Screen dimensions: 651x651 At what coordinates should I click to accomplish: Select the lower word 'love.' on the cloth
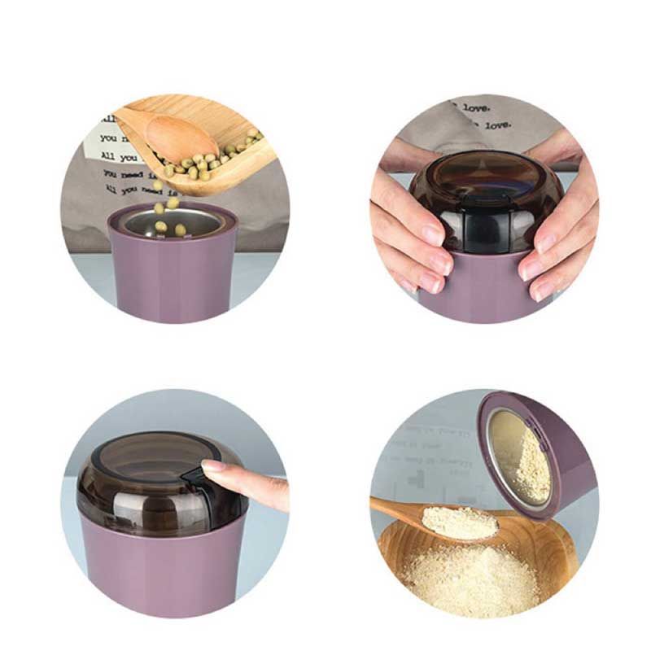(x=498, y=125)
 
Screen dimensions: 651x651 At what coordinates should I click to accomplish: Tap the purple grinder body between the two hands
(x=480, y=285)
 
